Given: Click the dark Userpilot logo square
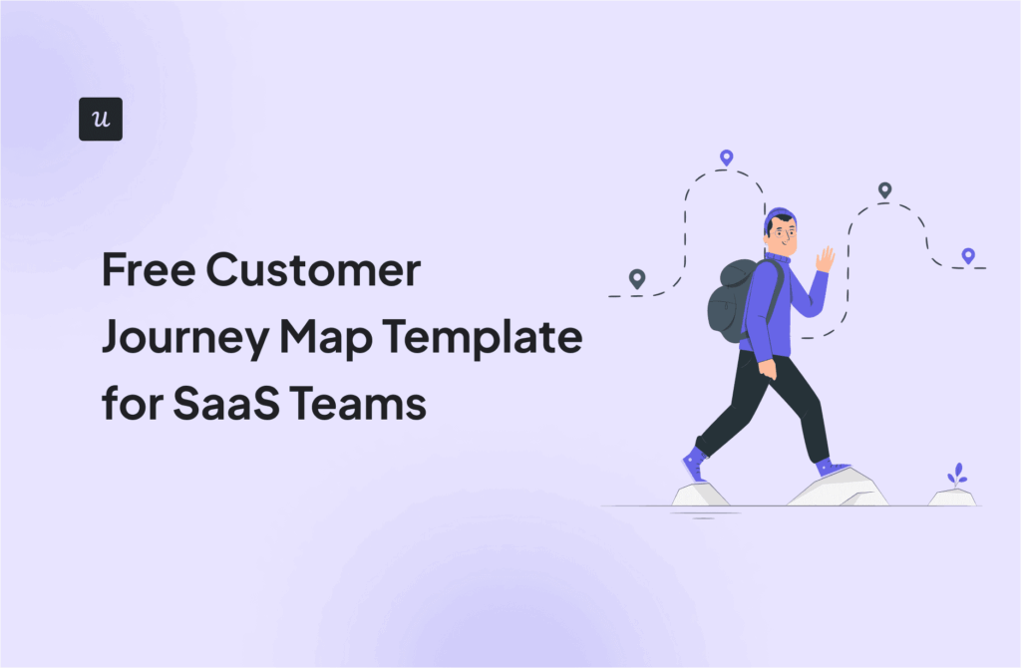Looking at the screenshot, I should tap(101, 119).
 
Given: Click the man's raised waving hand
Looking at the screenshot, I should tap(825, 259).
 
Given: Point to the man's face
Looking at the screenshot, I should tap(786, 238).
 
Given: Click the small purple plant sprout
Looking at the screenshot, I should tap(957, 475).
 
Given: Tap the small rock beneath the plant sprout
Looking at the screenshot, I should tap(952, 497).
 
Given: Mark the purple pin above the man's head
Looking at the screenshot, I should tap(726, 158).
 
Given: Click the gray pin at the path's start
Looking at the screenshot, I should tap(636, 278).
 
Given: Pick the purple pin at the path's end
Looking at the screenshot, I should tap(967, 255).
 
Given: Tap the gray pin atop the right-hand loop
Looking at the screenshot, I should tap(884, 189).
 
